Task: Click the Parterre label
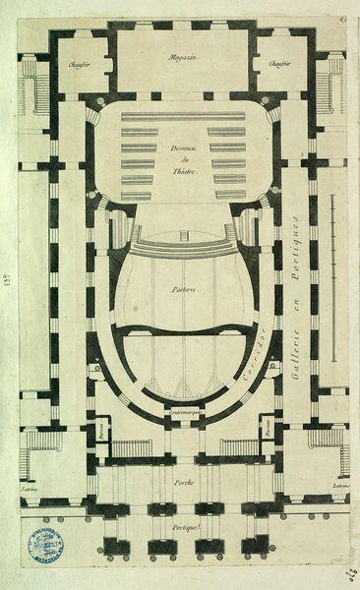coord(180,290)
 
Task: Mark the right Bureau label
coord(267,431)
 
